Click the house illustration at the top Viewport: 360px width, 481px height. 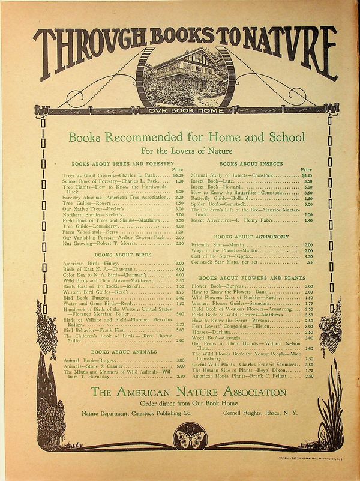click(181, 80)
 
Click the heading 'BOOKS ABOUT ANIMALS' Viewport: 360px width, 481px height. click(116, 351)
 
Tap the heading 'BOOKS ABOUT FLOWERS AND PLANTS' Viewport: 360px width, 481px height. click(248, 279)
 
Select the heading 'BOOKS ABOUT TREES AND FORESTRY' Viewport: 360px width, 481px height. click(122, 163)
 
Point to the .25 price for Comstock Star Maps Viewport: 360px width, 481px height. click(309, 262)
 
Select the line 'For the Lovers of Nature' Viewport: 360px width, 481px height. click(180, 150)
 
